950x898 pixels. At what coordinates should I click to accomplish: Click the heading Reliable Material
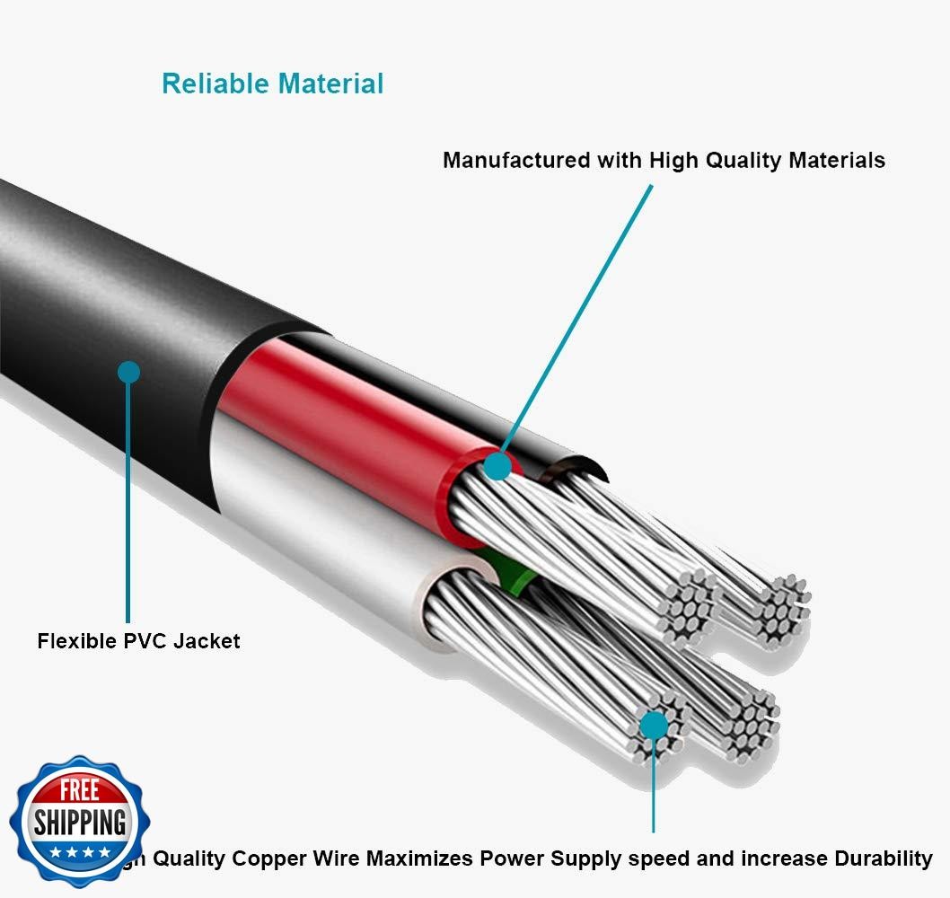(x=272, y=84)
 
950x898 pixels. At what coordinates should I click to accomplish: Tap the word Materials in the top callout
(x=836, y=161)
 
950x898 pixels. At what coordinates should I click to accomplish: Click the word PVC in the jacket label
(x=144, y=641)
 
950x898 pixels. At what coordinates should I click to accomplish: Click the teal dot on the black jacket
(x=129, y=372)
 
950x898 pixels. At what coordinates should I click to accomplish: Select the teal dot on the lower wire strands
(x=654, y=724)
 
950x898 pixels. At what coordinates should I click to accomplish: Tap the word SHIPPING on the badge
(x=80, y=822)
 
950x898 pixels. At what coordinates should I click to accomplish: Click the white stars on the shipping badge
(x=80, y=850)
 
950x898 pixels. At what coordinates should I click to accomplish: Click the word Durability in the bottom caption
(x=881, y=858)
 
